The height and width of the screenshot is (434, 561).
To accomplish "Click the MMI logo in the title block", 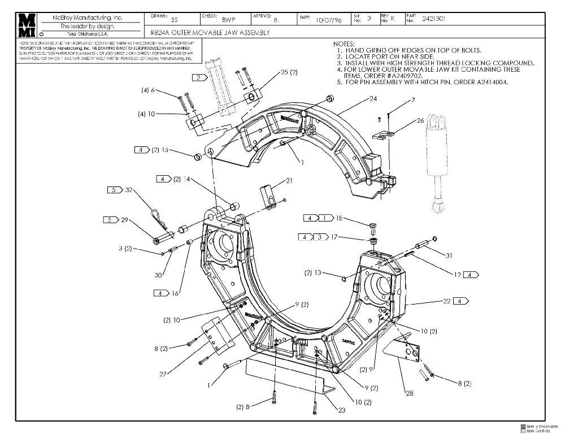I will tap(26, 25).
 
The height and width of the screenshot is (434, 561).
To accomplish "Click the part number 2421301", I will tap(434, 19).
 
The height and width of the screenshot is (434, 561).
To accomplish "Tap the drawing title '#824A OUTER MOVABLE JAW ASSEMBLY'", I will tap(210, 33).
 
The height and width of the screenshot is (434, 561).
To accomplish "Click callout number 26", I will tap(420, 120).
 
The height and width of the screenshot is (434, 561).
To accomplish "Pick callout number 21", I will tap(289, 180).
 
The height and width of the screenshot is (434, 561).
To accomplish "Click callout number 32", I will tap(129, 190).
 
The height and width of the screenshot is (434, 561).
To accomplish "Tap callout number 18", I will tap(339, 218).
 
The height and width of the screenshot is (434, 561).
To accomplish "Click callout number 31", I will tap(449, 255).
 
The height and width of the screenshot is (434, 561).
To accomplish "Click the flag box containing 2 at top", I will tap(198, 77).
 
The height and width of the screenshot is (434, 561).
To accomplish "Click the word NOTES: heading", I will tap(344, 44).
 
